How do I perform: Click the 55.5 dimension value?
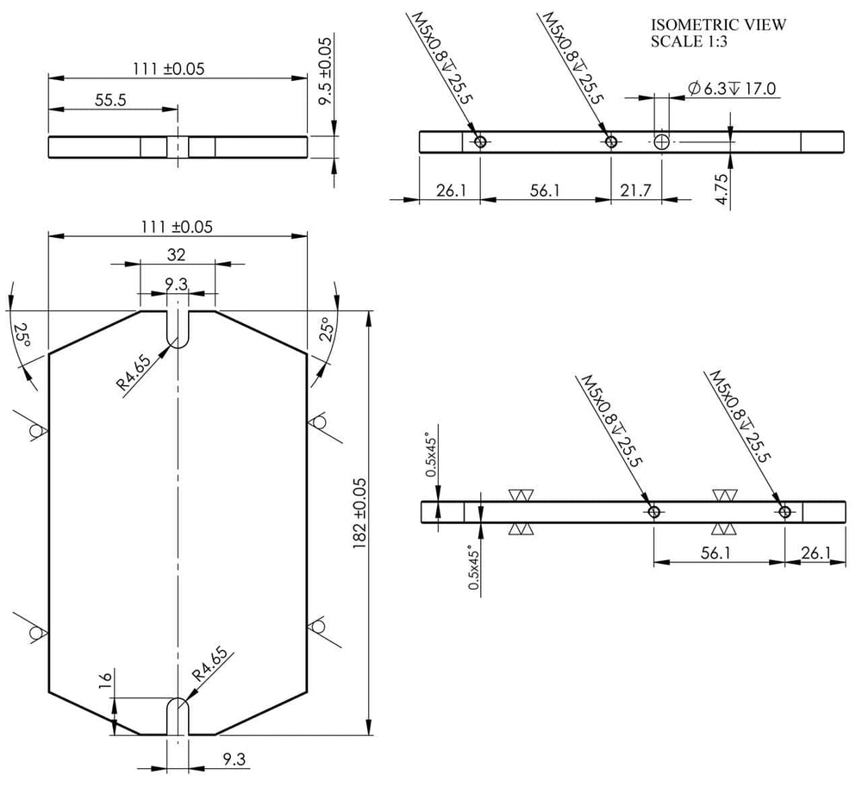(110, 100)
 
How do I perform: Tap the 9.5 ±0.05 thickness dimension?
(326, 72)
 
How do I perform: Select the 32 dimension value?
(177, 255)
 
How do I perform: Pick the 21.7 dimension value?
(635, 191)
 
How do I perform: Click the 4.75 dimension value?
(722, 189)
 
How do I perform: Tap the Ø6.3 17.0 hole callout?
(732, 89)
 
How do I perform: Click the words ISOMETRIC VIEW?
(719, 25)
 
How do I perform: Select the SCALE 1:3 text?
(689, 41)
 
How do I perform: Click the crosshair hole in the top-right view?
(661, 141)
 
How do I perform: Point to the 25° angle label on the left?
(22, 335)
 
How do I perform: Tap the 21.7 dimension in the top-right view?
(635, 191)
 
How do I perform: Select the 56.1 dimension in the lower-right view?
(715, 553)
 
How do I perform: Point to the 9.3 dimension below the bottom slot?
(234, 759)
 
